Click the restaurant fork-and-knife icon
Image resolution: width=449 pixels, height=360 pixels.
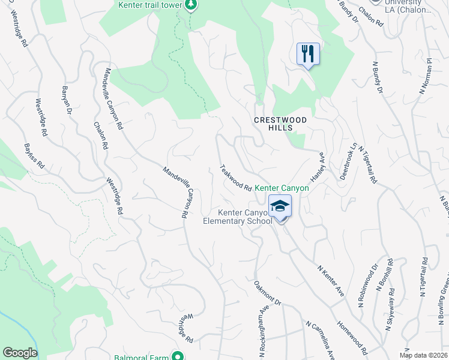[x=308, y=54]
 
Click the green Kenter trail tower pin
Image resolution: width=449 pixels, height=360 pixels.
[x=191, y=5]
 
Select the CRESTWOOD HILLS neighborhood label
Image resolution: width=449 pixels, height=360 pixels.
[x=280, y=124]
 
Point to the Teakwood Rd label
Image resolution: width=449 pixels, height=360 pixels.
[x=235, y=178]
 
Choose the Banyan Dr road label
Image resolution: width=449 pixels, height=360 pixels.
[x=67, y=101]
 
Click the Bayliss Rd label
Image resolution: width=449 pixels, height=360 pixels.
[x=34, y=155]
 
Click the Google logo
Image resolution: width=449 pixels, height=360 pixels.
[x=20, y=353]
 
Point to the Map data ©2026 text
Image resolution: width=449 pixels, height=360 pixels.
[x=422, y=355]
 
